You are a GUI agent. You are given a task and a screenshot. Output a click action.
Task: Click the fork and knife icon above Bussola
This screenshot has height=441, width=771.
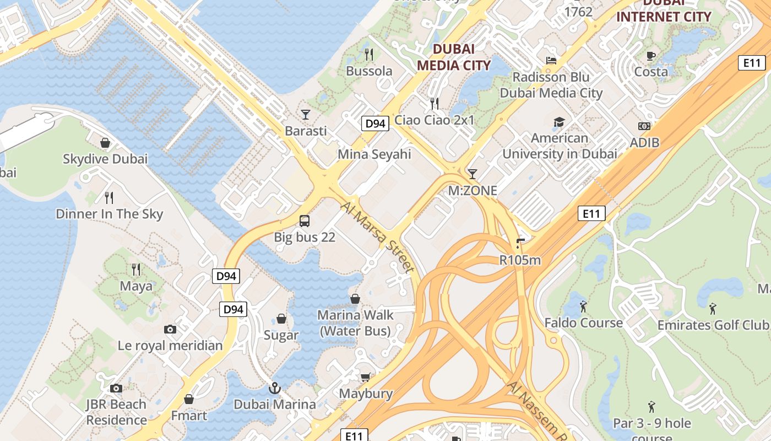369,54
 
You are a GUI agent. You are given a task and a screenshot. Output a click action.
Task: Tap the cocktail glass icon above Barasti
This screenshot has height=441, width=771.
306,114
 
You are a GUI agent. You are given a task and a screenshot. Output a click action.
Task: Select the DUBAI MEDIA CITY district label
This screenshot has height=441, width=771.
453,57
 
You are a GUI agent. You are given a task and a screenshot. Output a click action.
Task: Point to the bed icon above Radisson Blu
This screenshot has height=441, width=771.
551,60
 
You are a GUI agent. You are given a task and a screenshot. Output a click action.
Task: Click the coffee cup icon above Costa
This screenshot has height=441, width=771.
651,55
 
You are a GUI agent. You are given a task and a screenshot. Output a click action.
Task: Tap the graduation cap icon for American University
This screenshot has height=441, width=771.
559,122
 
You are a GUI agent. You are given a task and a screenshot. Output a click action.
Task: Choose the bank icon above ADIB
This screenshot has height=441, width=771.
644,126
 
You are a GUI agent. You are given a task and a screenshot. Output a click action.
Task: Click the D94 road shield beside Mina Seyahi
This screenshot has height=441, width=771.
376,123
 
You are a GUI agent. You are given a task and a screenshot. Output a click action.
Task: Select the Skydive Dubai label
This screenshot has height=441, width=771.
105,159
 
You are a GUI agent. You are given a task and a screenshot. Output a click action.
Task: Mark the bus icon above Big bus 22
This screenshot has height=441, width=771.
304,221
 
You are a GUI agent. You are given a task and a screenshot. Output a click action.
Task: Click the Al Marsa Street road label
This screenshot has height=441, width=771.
377,237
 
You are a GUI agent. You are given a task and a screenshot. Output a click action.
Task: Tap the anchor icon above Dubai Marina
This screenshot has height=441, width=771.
274,388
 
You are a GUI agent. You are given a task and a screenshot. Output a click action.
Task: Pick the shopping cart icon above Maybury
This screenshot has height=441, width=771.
365,377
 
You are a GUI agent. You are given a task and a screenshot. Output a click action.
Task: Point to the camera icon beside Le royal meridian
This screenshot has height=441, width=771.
170,329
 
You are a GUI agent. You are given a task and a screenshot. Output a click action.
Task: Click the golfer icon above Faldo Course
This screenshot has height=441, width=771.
583,306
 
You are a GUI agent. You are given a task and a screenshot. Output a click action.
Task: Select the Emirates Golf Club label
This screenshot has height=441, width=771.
713,325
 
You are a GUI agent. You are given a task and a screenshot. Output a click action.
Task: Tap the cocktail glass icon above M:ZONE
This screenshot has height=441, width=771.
472,174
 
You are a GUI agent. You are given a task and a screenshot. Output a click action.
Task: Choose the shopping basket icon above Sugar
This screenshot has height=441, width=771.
281,319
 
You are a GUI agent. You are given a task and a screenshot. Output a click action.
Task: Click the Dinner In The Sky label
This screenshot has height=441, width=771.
110,214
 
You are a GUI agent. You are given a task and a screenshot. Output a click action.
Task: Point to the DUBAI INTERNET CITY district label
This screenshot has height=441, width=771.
664,11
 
